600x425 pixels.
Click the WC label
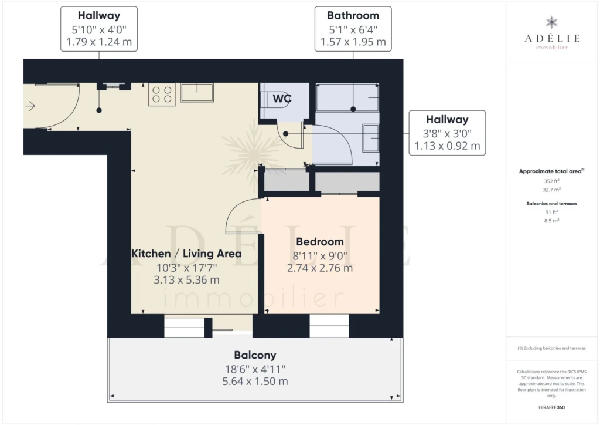point(282,99)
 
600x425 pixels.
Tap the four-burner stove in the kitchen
point(162,95)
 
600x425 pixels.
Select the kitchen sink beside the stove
point(197,92)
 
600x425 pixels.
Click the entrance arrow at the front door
point(30,106)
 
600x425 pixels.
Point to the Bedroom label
point(320,242)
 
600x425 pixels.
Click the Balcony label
point(255,355)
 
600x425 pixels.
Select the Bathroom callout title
point(353,15)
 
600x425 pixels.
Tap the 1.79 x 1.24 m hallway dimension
point(99,42)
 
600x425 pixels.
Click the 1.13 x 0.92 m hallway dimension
point(447,146)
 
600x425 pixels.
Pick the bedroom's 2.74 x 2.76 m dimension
point(320,268)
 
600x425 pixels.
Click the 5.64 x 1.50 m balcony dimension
point(255,382)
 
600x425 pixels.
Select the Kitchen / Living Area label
point(186,254)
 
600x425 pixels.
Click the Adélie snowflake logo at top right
point(551,22)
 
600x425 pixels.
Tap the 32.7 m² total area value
point(551,190)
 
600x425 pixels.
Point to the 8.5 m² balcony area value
point(551,221)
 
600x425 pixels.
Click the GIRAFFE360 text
point(551,407)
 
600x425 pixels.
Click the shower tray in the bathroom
point(347,97)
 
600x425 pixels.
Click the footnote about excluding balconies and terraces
point(551,348)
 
